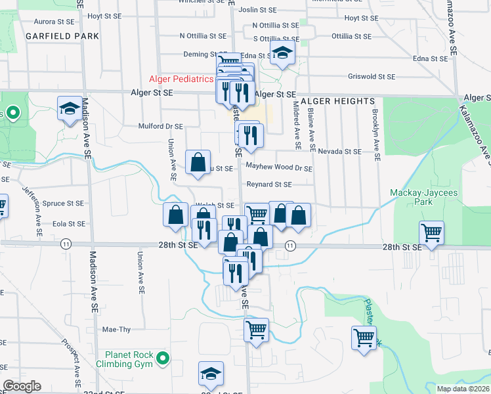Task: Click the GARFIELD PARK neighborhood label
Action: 62,36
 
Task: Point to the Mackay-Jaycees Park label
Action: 420,197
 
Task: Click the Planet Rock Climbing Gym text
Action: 125,359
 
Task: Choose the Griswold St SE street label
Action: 372,76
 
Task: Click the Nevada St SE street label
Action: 340,151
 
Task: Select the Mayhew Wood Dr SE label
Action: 279,168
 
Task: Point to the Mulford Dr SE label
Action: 161,125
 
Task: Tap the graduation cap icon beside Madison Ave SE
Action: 70,108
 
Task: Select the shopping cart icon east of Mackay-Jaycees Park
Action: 431,232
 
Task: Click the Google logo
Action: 22,386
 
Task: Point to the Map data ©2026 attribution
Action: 462,389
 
